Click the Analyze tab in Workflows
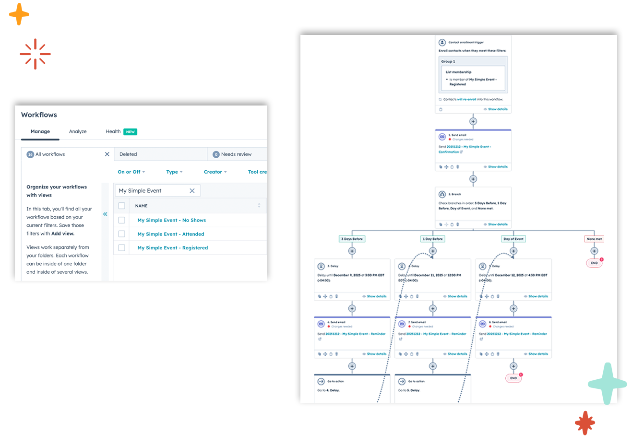(78, 131)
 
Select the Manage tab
(40, 131)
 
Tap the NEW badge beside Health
(131, 132)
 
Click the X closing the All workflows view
(107, 154)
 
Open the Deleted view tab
(128, 154)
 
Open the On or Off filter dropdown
(131, 172)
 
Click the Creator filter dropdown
(215, 172)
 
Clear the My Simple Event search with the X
(192, 191)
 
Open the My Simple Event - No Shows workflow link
(171, 220)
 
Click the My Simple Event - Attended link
(170, 234)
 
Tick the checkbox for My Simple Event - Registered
(122, 248)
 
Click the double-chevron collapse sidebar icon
(105, 214)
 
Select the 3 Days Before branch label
(352, 239)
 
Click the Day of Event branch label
(513, 239)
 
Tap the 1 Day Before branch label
(433, 239)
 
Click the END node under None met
(594, 263)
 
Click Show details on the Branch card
(497, 224)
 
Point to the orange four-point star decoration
(19, 14)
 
